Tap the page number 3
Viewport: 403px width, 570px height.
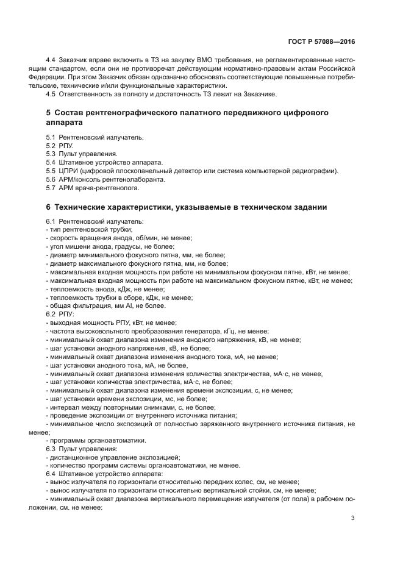(353, 519)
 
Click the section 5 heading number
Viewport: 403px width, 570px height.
(49, 113)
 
